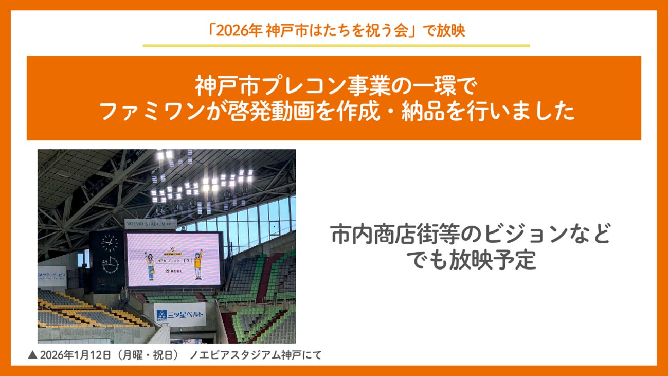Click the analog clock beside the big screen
tap(109, 242)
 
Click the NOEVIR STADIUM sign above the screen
tap(150, 224)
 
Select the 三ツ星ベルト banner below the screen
tap(180, 314)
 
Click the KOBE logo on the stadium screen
tap(175, 270)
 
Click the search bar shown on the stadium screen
tap(175, 260)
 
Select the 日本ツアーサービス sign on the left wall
tap(51, 276)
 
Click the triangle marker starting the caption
tap(32, 355)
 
